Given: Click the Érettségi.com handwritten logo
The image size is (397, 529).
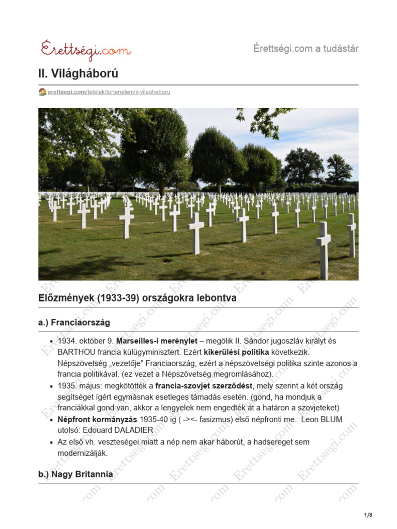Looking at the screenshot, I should [x=86, y=50].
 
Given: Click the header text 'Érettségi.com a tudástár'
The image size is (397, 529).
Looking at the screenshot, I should [x=306, y=49].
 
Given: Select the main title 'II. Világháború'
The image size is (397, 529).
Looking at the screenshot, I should [x=78, y=74].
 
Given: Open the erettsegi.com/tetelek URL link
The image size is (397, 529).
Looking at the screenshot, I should [x=109, y=92].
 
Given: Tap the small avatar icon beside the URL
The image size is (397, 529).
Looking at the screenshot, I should [x=42, y=92].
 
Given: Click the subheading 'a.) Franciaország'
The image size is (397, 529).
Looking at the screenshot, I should [x=74, y=322].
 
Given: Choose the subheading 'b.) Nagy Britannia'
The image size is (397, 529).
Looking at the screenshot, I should [x=75, y=474].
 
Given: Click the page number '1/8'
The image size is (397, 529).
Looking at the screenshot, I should [x=368, y=515].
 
